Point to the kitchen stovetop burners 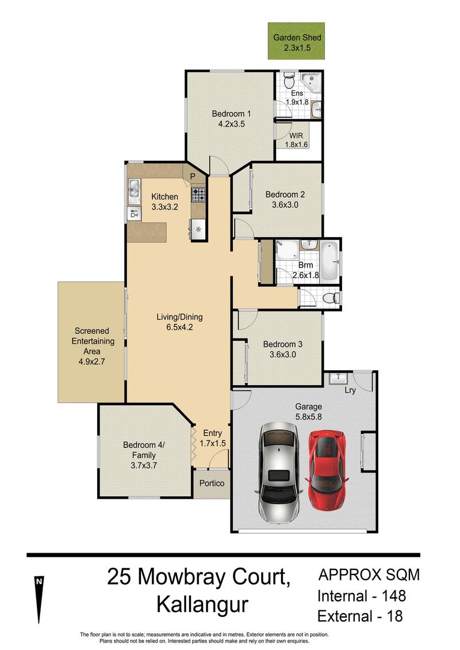pyautogui.click(x=198, y=195)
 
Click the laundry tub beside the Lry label pyautogui.click(x=336, y=379)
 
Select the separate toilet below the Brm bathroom pyautogui.click(x=331, y=298)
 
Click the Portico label pyautogui.click(x=212, y=483)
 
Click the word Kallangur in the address pyautogui.click(x=202, y=605)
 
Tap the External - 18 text pyautogui.click(x=359, y=616)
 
